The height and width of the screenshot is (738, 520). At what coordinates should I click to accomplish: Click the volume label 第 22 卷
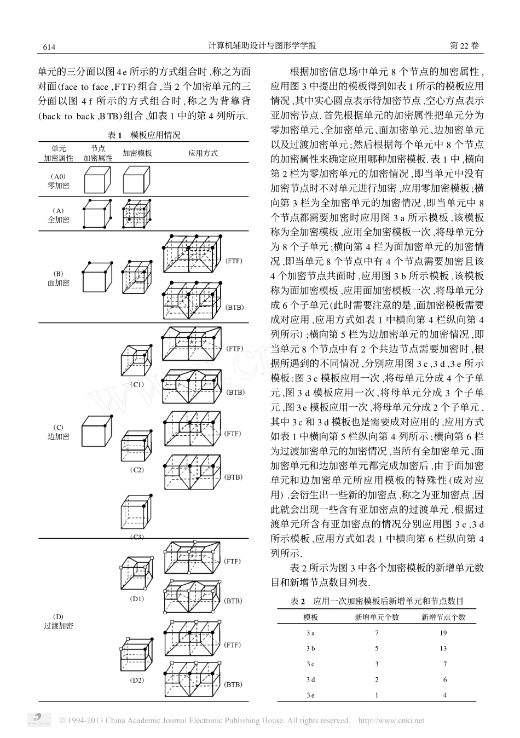[464, 47]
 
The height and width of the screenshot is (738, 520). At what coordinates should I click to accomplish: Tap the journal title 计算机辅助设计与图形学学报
[262, 47]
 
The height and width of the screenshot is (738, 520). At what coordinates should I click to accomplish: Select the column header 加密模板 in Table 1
[137, 153]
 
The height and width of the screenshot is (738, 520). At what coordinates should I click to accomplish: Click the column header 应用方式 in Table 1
[203, 153]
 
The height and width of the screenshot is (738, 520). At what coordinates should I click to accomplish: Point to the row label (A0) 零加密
[58, 181]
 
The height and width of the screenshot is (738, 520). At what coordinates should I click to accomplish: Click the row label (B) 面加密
[58, 278]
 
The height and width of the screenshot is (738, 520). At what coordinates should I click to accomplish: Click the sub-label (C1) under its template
[137, 384]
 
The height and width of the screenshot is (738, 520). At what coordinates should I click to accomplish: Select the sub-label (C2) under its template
[137, 470]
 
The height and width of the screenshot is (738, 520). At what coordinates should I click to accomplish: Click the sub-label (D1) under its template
[137, 598]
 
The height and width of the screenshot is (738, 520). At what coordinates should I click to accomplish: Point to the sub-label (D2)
[137, 681]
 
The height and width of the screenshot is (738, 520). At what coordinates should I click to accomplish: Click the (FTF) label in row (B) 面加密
[234, 261]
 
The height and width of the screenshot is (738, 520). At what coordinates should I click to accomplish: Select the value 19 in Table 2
[443, 633]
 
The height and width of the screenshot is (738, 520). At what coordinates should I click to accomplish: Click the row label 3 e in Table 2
[310, 695]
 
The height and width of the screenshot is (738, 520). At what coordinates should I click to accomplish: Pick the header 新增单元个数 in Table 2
[377, 617]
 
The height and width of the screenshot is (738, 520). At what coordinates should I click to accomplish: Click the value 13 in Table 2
[443, 649]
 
